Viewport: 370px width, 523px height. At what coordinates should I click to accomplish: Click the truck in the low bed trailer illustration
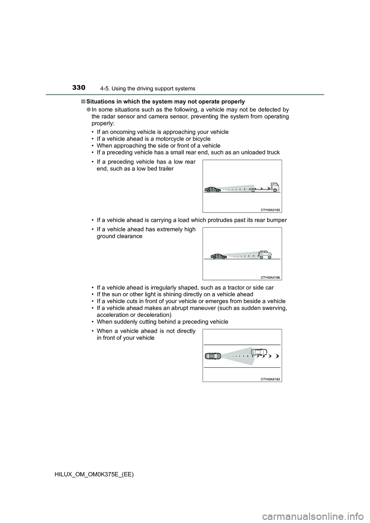pyautogui.click(x=273, y=187)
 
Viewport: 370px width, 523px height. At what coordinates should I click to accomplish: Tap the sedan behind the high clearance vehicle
pyautogui.click(x=219, y=256)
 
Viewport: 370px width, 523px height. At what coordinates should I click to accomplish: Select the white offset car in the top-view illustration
pyautogui.click(x=259, y=352)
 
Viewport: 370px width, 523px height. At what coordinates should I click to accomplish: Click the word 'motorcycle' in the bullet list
pyautogui.click(x=173, y=139)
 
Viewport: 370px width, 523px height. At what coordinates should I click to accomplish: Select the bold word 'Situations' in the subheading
pyautogui.click(x=100, y=102)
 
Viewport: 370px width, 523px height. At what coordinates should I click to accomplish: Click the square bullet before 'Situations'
pyautogui.click(x=83, y=102)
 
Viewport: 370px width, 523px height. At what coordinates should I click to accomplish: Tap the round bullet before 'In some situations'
pyautogui.click(x=89, y=110)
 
